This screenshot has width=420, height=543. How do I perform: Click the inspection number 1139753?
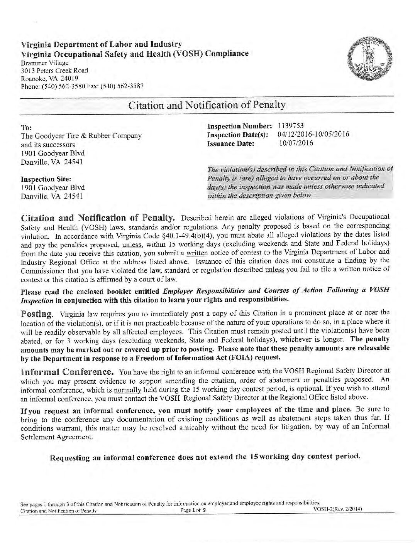291,126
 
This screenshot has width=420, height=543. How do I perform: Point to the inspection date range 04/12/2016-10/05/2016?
313,135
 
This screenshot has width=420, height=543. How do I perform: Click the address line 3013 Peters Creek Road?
54,71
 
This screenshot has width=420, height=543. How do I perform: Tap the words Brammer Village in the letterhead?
44,62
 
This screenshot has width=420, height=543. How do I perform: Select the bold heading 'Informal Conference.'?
67,373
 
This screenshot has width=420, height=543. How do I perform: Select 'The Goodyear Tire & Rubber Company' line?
81,136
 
